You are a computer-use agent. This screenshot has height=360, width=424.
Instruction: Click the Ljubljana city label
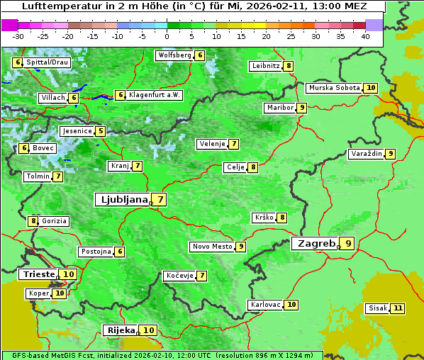[122, 200]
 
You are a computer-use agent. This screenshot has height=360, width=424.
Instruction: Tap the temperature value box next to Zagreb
[347, 244]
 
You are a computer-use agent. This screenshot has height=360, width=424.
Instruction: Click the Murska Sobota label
[333, 88]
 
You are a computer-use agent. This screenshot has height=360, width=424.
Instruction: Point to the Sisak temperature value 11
[397, 308]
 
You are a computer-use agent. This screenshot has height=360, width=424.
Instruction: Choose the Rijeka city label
[121, 330]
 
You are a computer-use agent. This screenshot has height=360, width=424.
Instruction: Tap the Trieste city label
[39, 274]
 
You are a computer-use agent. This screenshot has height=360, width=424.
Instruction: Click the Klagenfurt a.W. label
[154, 95]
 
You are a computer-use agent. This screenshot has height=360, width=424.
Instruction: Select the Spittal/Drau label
[47, 62]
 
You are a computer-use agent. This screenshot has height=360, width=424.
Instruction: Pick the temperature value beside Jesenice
[101, 131]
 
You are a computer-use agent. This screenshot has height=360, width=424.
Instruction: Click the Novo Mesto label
[212, 247]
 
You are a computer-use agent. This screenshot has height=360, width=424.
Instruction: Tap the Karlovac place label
[265, 305]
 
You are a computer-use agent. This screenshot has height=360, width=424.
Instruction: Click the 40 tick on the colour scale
[364, 36]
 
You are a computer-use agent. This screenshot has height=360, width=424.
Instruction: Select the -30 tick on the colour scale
[18, 36]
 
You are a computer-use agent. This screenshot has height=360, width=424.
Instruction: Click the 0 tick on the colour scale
[167, 36]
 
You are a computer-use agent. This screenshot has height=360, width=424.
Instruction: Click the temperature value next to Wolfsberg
[200, 55]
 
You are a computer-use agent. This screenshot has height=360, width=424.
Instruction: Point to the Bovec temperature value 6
[24, 148]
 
